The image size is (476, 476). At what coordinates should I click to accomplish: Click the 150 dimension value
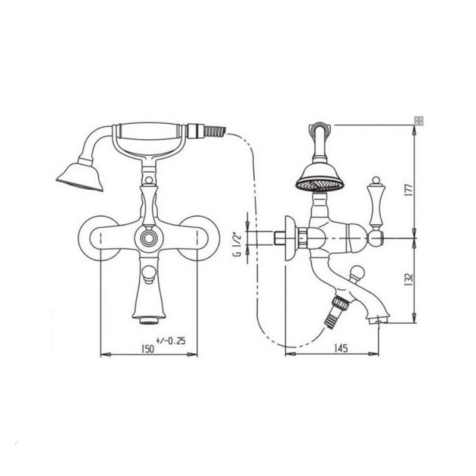[148, 349]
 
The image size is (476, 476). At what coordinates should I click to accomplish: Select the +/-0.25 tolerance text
[171, 341]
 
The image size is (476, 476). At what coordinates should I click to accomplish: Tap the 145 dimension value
[340, 349]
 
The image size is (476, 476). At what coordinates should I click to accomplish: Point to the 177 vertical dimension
[409, 190]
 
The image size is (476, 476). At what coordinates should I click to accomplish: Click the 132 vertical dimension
[409, 280]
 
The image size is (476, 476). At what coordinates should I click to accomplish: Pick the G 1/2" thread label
[237, 244]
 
